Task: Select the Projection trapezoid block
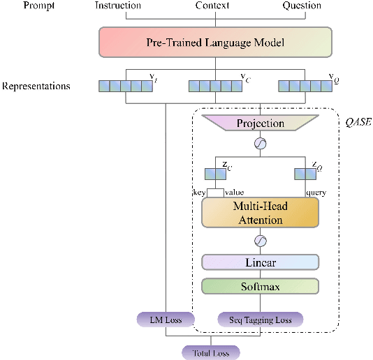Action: coord(260,123)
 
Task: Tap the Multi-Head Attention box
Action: coord(260,213)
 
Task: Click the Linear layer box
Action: coord(260,262)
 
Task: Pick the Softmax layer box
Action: coord(260,286)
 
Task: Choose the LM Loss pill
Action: coord(165,320)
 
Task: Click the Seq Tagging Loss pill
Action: coord(260,320)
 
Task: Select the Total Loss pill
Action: coord(210,352)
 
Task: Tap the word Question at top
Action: coord(302,6)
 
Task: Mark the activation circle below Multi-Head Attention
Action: coord(260,241)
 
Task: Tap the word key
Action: coord(200,192)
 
